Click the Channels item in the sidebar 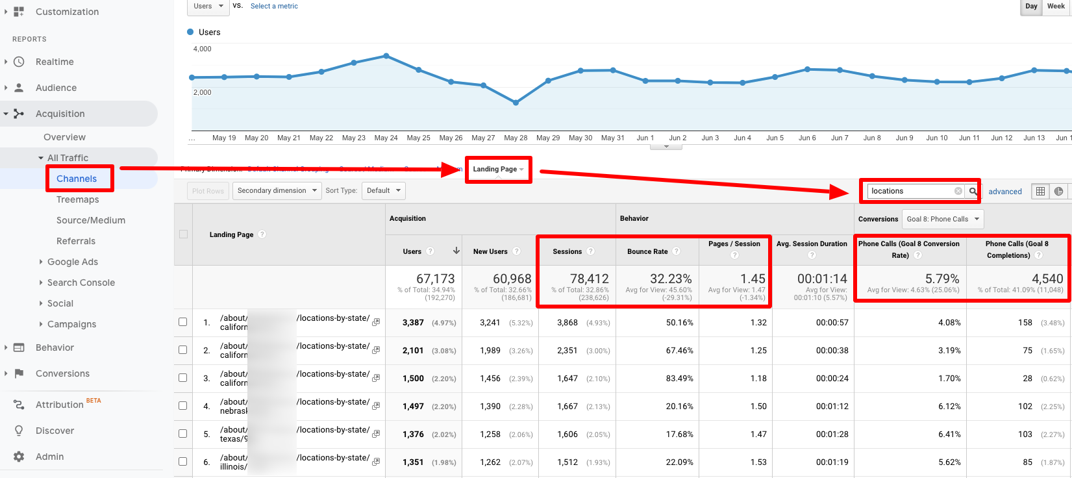pyautogui.click(x=77, y=179)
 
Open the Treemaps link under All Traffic pyautogui.click(x=78, y=199)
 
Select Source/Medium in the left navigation pyautogui.click(x=91, y=220)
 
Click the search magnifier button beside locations pyautogui.click(x=973, y=191)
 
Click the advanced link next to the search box pyautogui.click(x=1004, y=192)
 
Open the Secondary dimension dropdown pyautogui.click(x=277, y=191)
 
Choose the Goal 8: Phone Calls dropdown pyautogui.click(x=943, y=220)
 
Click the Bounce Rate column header pyautogui.click(x=647, y=251)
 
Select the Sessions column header pyautogui.click(x=567, y=251)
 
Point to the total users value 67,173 pyautogui.click(x=435, y=279)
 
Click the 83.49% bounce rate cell pyautogui.click(x=679, y=379)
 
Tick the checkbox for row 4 pyautogui.click(x=183, y=406)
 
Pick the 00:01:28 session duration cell pyautogui.click(x=832, y=434)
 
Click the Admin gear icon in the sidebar pyautogui.click(x=19, y=457)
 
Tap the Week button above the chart pyautogui.click(x=1056, y=6)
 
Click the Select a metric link pyautogui.click(x=274, y=6)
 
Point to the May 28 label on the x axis pyautogui.click(x=516, y=138)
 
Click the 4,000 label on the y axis pyautogui.click(x=203, y=49)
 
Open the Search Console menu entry pyautogui.click(x=81, y=283)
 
